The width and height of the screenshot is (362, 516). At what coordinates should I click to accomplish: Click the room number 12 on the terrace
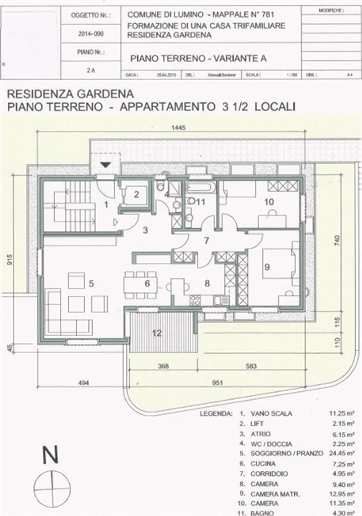[x=157, y=333]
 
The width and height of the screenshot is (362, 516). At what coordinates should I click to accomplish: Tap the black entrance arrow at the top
[x=106, y=165]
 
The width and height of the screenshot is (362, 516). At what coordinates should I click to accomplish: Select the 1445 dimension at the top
[x=178, y=128]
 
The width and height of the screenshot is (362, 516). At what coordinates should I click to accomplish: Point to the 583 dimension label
[x=251, y=366]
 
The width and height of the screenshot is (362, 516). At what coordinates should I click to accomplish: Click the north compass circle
[x=52, y=490]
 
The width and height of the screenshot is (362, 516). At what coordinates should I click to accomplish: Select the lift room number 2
[x=137, y=194]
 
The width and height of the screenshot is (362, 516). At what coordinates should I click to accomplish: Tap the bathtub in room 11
[x=201, y=187]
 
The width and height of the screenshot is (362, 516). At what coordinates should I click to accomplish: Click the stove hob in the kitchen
[x=196, y=300]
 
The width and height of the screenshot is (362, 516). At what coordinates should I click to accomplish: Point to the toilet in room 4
[x=160, y=186]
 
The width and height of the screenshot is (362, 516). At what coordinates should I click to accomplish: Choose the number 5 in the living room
[x=91, y=284]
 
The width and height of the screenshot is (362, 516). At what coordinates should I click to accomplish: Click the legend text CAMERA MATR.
[x=275, y=494]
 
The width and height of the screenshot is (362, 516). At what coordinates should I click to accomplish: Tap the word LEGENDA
[x=216, y=414]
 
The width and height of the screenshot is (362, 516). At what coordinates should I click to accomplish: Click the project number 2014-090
[x=91, y=34]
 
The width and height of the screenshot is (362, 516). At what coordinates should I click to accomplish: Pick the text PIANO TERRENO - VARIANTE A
[x=198, y=59]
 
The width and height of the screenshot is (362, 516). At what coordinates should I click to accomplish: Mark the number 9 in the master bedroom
[x=267, y=267]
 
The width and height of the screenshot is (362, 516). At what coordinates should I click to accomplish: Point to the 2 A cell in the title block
[x=91, y=71]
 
